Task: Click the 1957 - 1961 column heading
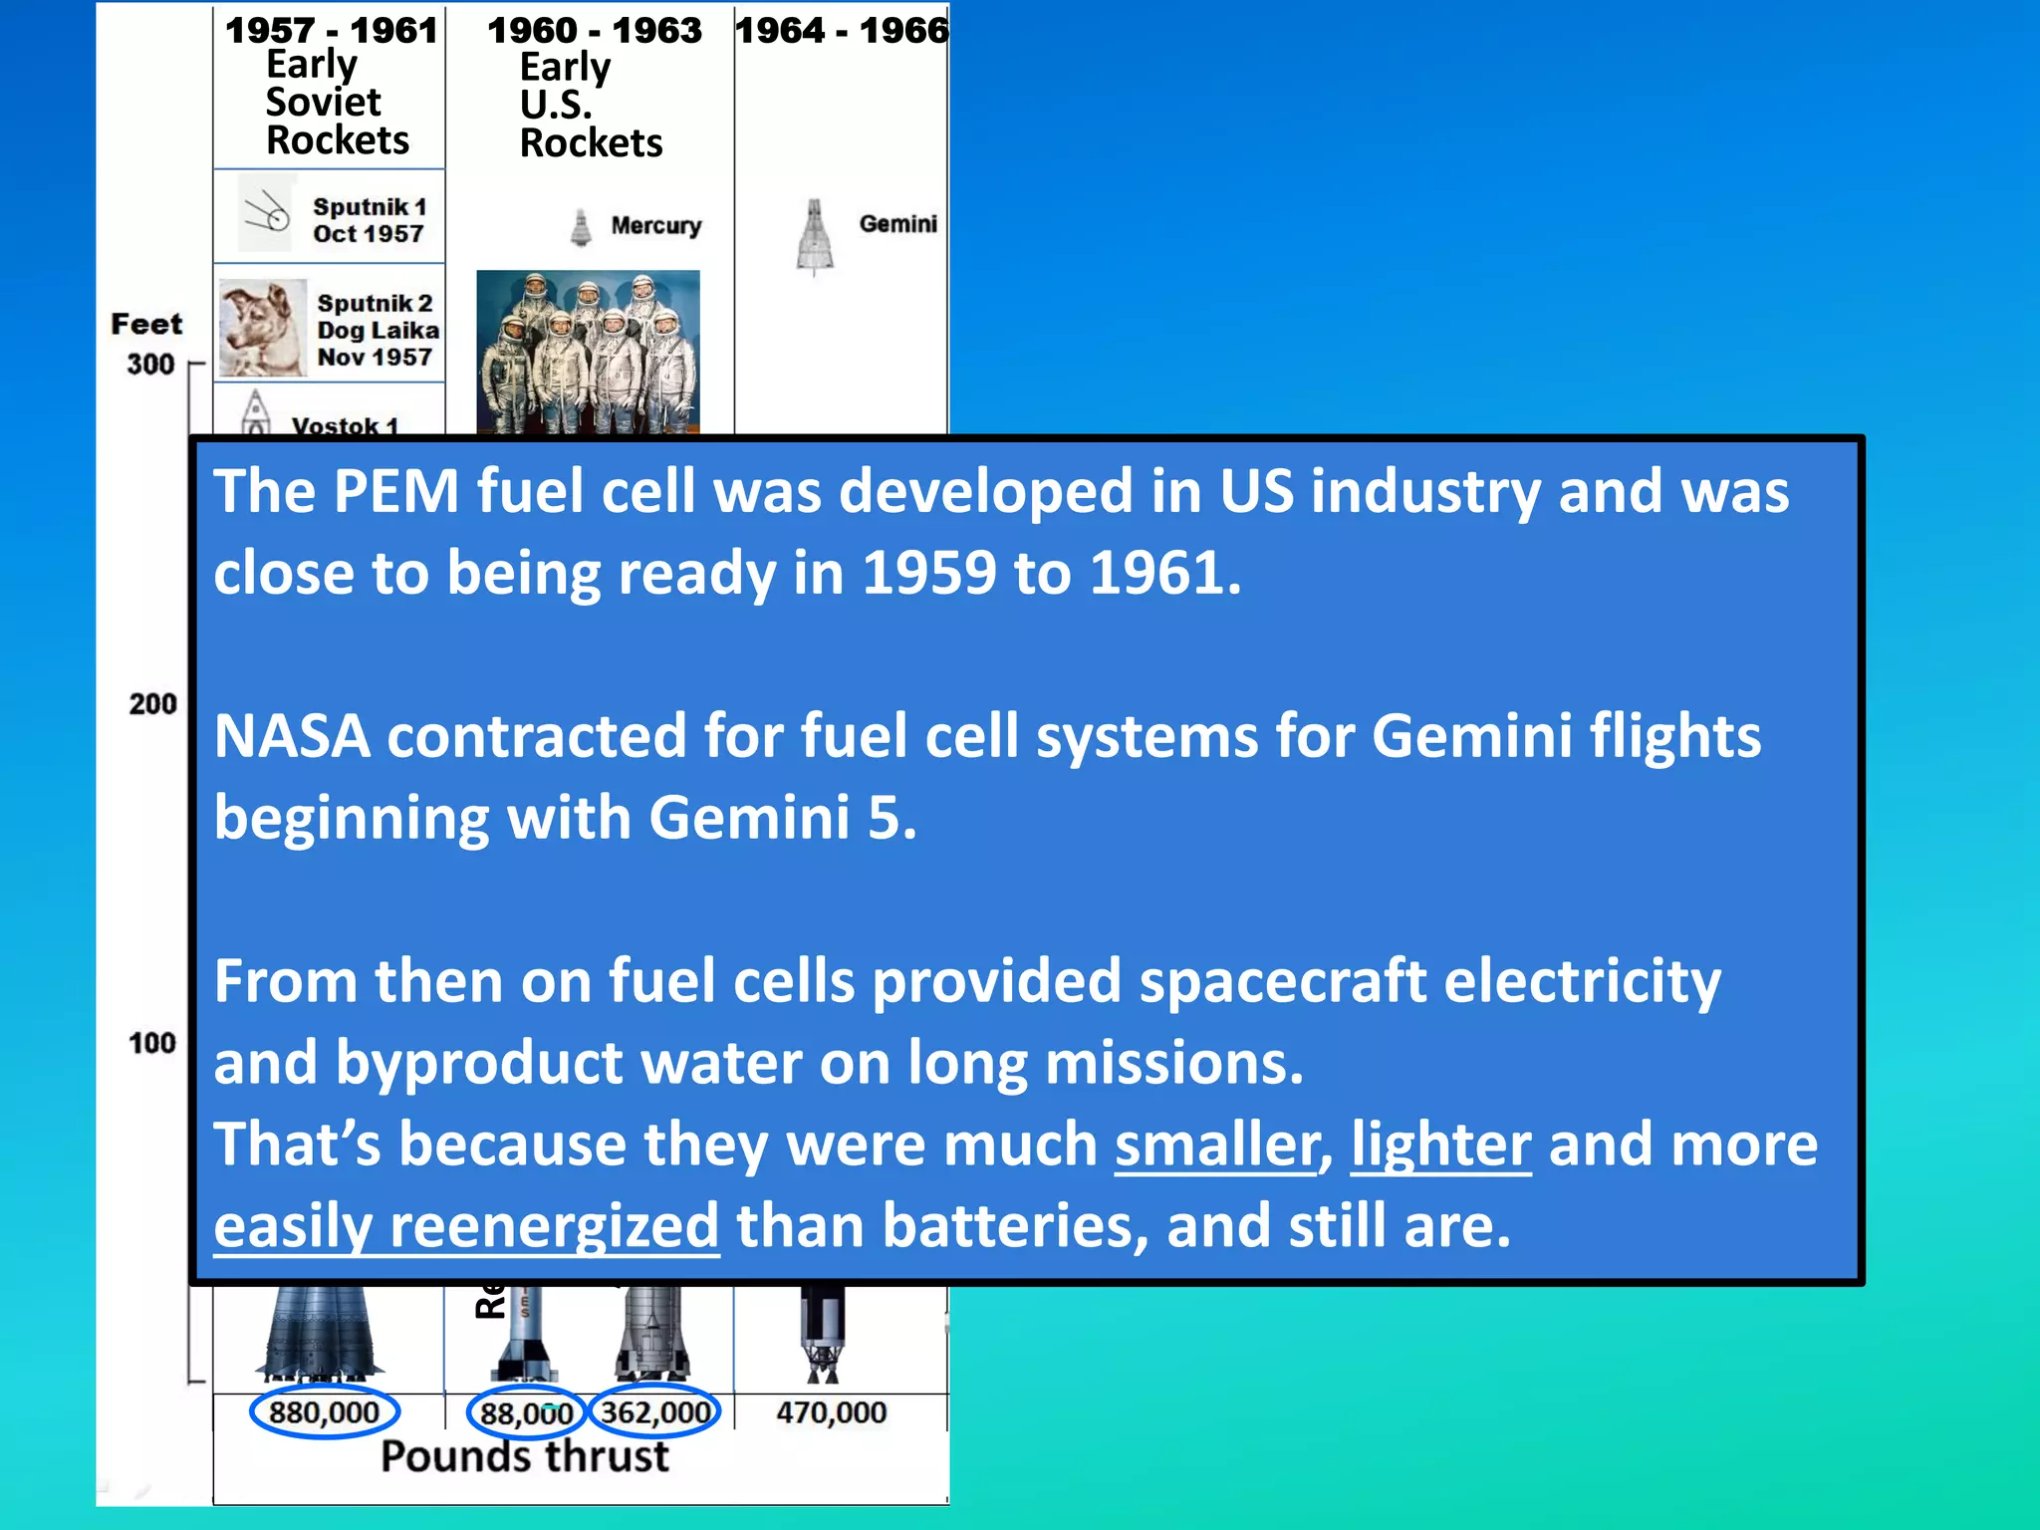click(x=331, y=31)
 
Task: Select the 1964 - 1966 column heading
click(x=842, y=31)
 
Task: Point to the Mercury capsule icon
click(x=581, y=227)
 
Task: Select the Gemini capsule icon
click(x=815, y=236)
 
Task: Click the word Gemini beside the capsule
click(x=897, y=224)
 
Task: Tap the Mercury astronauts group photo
click(x=588, y=352)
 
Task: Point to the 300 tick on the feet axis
click(x=150, y=365)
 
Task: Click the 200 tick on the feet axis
click(x=152, y=704)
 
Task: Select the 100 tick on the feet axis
click(x=151, y=1043)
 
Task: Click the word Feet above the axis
click(x=146, y=324)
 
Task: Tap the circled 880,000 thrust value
click(x=324, y=1412)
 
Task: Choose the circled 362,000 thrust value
click(x=654, y=1412)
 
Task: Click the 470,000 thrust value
click(x=831, y=1412)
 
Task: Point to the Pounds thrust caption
click(x=525, y=1456)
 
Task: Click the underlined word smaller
click(x=1216, y=1145)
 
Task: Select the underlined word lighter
click(x=1440, y=1145)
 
